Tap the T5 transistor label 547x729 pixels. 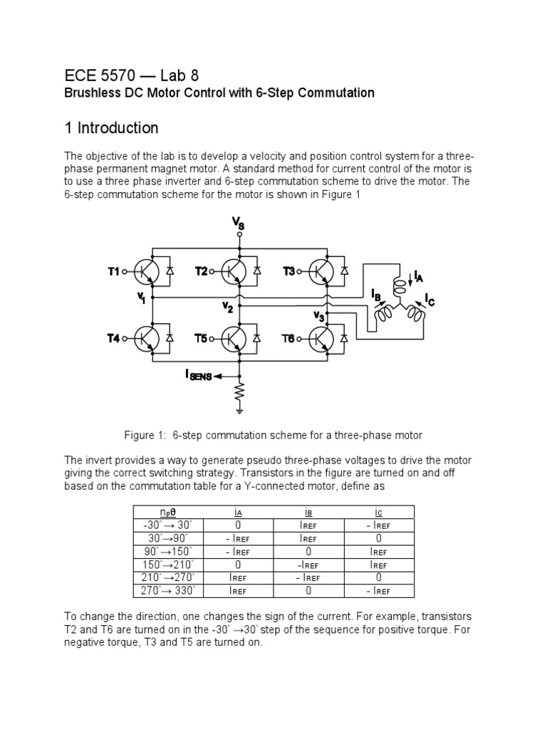(x=202, y=339)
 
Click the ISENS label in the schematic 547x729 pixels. (x=199, y=375)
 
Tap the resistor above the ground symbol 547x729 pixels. (x=241, y=392)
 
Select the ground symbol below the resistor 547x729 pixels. (x=241, y=409)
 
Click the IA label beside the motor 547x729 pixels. (x=420, y=276)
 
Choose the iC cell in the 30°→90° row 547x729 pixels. (x=379, y=539)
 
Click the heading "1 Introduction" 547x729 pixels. (x=111, y=128)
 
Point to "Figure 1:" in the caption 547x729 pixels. (x=146, y=435)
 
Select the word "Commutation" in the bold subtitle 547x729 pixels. (x=338, y=93)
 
